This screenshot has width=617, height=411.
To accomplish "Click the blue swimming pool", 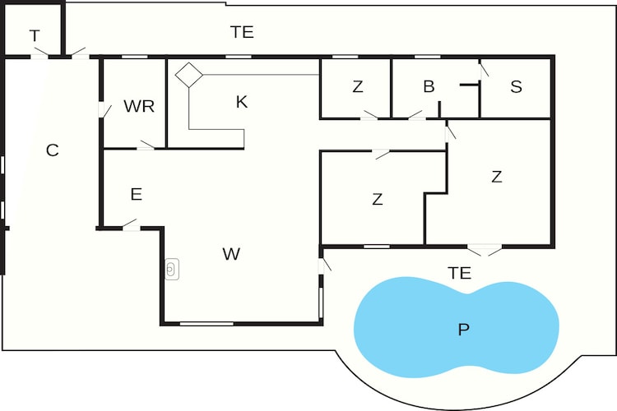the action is tap(457, 327).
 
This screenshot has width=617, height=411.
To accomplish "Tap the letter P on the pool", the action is tap(464, 329).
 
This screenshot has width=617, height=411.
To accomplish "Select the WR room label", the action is tap(139, 106).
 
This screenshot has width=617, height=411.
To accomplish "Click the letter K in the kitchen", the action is tap(242, 102).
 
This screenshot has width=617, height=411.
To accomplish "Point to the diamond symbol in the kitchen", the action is tap(189, 75).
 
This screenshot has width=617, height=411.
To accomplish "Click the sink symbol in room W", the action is tap(172, 269).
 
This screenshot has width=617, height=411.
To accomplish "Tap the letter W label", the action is tap(231, 254).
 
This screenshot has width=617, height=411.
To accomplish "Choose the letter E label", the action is tap(136, 194).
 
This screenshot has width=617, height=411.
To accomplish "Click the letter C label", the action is tap(53, 150).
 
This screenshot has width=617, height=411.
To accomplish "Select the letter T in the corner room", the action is tap(35, 36).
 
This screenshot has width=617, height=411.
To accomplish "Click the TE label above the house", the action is tap(242, 32).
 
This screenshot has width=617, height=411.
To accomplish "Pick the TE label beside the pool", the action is tap(459, 273).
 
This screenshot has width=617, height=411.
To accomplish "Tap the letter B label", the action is tap(429, 86).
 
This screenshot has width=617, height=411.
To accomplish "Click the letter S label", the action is tap(517, 86).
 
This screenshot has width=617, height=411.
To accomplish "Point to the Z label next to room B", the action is tap(358, 86).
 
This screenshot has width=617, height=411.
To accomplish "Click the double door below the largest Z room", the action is tap(485, 250).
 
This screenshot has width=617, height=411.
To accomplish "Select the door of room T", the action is tap(40, 54).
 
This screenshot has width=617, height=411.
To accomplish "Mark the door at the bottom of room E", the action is tap(131, 225).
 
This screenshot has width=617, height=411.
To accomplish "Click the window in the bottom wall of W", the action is tap(206, 324).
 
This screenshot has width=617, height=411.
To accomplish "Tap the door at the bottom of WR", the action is tap(146, 145).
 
